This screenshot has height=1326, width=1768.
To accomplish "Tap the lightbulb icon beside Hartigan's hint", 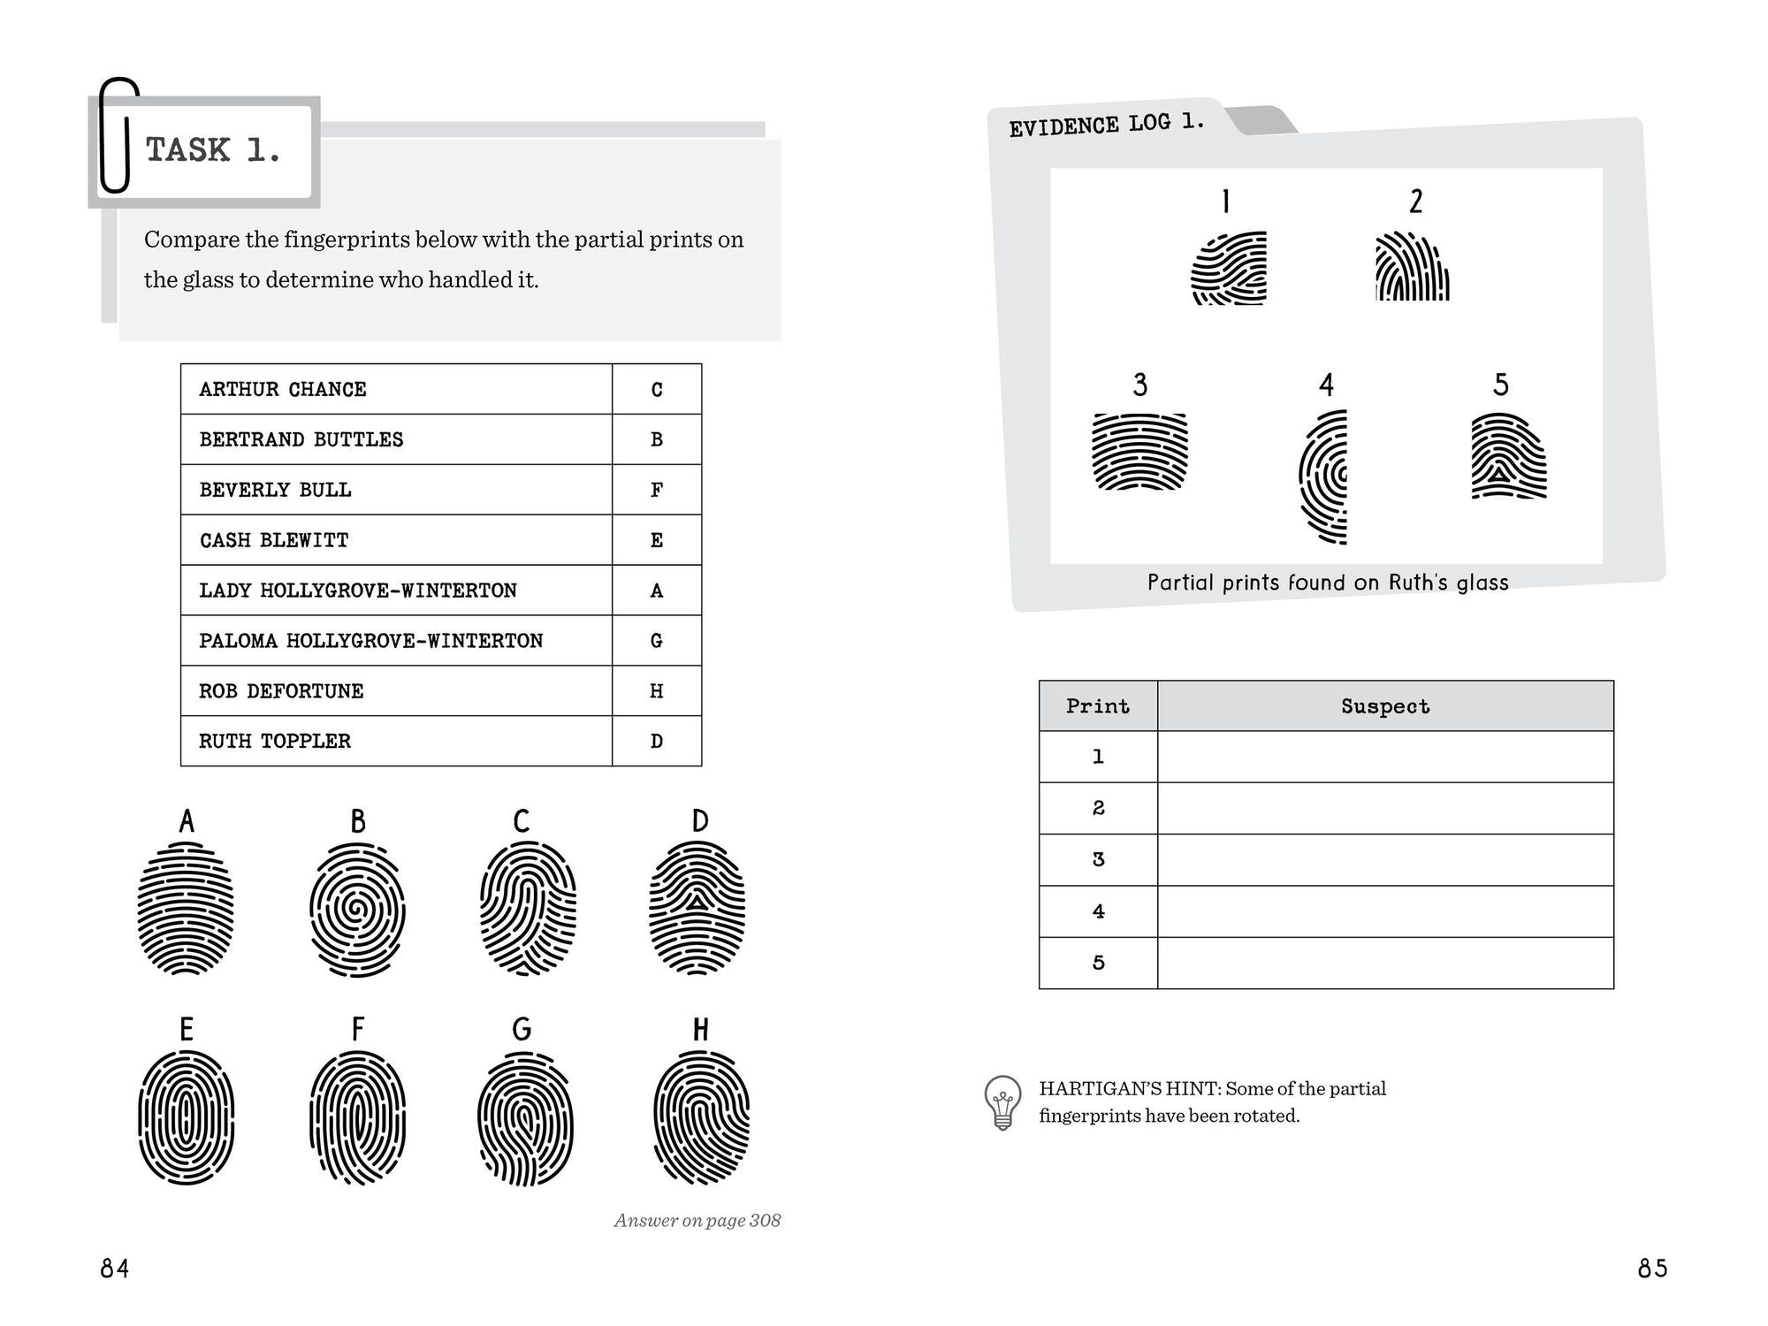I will point(1002,1101).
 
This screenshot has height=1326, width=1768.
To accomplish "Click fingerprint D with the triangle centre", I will point(697,908).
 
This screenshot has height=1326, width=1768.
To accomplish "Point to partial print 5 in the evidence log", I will point(1508,456).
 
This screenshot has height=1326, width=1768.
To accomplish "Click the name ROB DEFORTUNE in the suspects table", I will point(281,691).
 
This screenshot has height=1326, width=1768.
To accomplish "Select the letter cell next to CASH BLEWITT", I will point(656,540).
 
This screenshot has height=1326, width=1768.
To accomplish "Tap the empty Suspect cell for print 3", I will point(1384,859).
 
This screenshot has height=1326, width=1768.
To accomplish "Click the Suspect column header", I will point(1384,706).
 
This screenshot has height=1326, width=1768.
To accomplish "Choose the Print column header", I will point(1097,706).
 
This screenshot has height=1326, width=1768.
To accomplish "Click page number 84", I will point(115,1269).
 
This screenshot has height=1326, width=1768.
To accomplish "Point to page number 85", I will point(1651,1269).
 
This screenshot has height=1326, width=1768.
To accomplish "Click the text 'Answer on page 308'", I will point(697,1221).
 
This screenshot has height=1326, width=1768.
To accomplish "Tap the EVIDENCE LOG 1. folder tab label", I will point(1106,125).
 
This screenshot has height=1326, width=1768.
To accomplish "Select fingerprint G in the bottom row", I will point(525,1118).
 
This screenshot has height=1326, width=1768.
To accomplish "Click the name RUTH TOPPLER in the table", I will point(275,741).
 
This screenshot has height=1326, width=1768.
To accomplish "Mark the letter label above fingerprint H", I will point(700,1030).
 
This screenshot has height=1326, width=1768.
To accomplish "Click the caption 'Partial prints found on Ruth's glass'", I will point(1327,583).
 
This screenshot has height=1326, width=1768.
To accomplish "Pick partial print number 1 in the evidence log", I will point(1230,269).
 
